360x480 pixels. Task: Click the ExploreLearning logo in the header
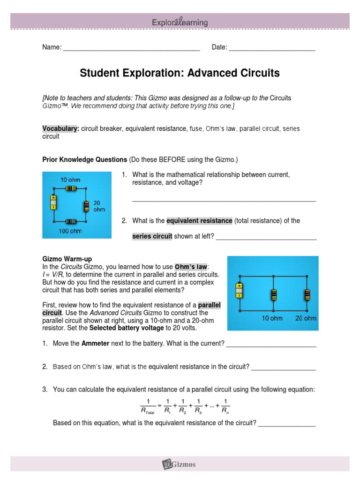point(180,22)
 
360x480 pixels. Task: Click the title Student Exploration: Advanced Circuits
point(180,73)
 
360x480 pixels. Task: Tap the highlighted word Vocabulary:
point(60,128)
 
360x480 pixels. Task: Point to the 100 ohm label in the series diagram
point(70,231)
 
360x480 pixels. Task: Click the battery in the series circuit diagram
point(53,202)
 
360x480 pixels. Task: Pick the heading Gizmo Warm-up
point(67,259)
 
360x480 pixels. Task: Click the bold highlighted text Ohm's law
point(192,266)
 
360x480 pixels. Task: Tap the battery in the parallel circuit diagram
point(239,291)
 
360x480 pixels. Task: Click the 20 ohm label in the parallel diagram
point(306,318)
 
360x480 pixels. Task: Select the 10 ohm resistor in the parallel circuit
point(273,295)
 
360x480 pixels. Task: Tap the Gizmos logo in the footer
point(180,465)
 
